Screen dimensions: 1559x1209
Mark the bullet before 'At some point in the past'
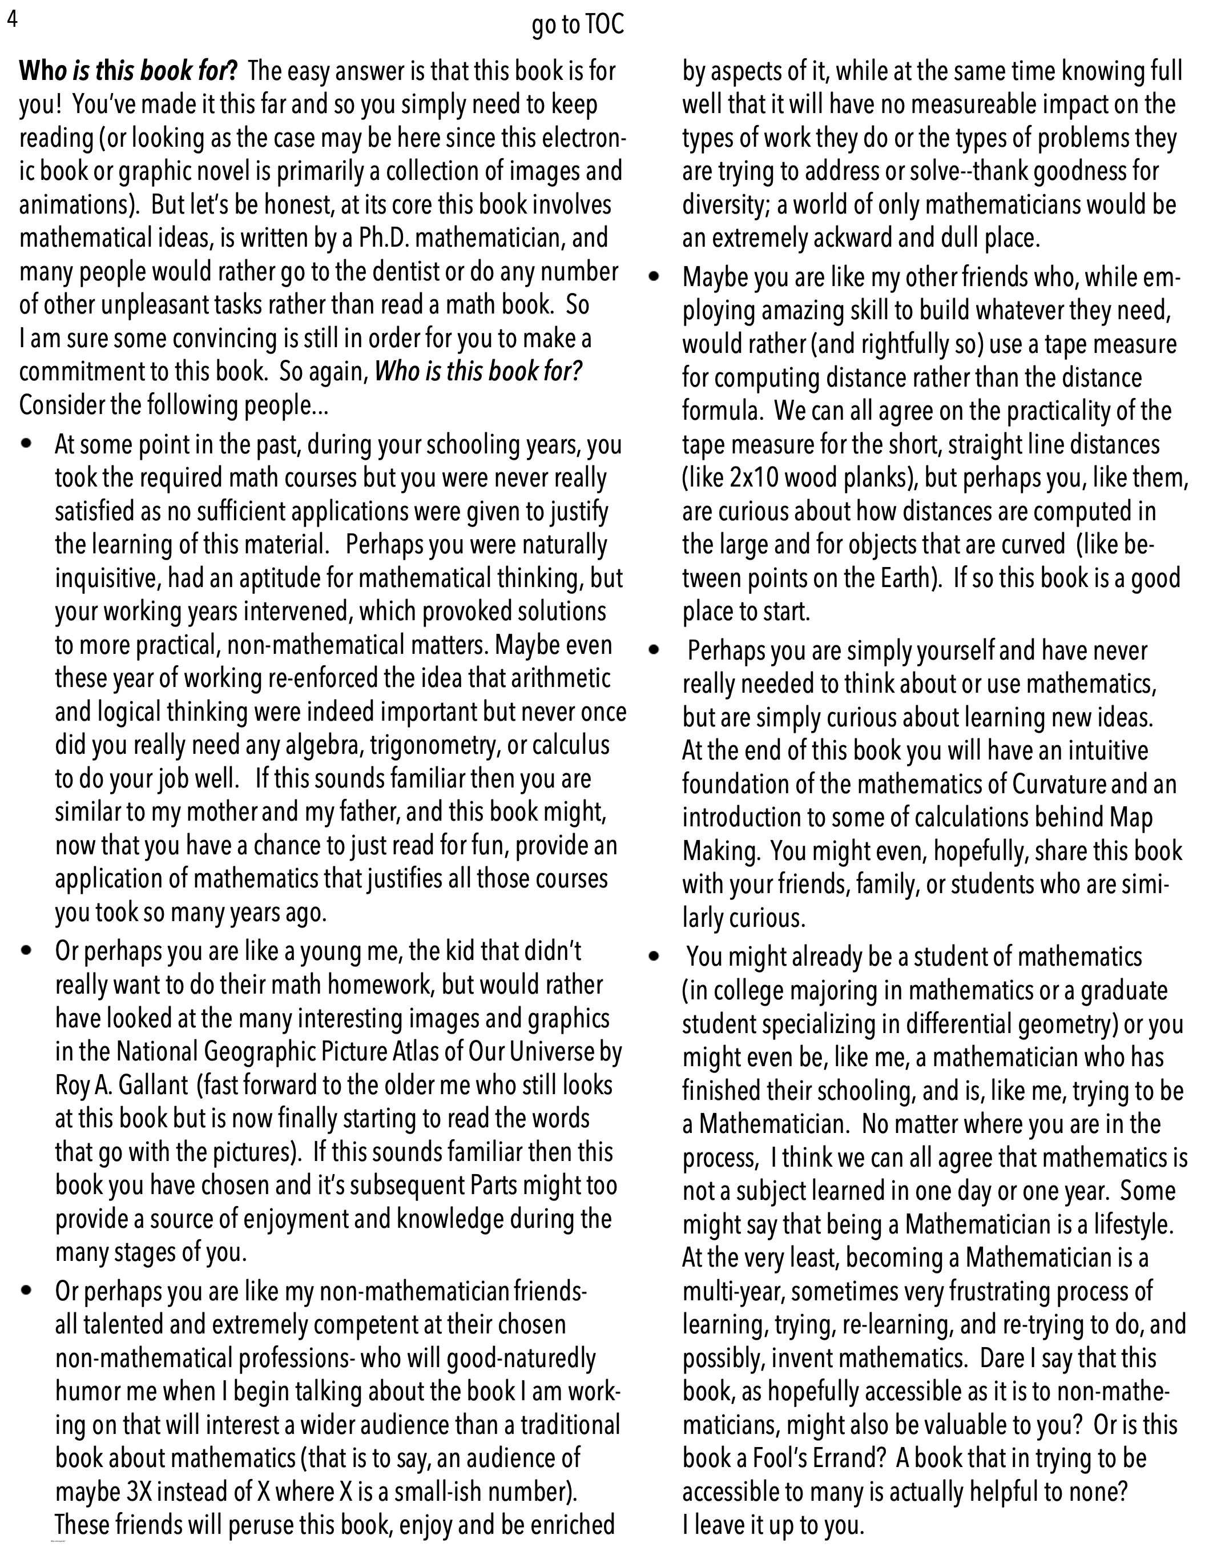28,444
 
